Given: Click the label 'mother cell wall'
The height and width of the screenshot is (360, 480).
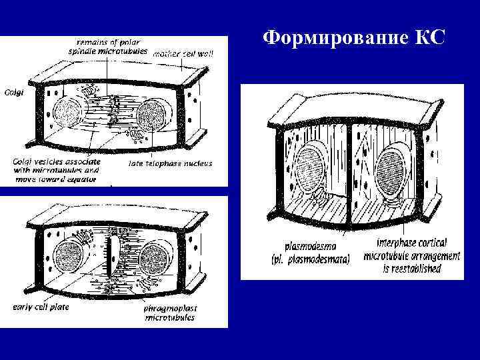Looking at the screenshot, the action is coord(183,53).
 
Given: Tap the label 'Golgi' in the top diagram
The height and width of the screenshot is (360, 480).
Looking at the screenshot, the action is coord(14,93).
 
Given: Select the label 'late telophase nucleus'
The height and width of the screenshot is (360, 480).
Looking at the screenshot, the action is coord(169,161).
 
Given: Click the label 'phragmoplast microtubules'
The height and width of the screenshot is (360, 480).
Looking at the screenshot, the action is coord(169,313).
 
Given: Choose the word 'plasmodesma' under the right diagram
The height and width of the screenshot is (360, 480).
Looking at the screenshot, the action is coord(307,245).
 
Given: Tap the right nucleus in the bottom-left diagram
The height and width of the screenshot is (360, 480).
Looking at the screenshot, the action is coord(157,257).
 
